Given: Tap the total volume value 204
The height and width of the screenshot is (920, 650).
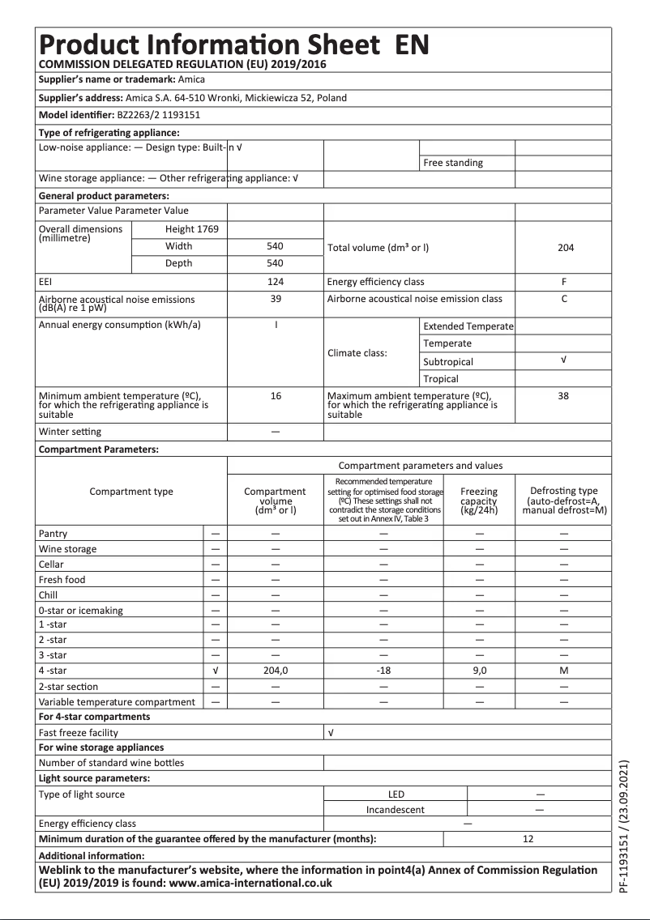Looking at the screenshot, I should point(565,247).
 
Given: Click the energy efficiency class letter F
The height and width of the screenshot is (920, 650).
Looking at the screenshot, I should point(564,282).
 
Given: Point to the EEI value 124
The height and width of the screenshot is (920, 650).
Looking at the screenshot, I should point(275,282).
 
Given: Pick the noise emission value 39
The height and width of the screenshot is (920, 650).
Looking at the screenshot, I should point(275,299).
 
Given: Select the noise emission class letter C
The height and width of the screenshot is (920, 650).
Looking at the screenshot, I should point(564,299).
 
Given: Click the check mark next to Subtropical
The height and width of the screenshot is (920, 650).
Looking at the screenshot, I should point(564,361).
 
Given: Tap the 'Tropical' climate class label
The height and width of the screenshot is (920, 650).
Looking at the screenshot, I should point(441,379).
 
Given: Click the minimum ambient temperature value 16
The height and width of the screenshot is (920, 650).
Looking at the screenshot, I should point(275,397).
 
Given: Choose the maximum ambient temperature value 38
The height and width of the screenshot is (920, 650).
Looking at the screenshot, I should point(564,397).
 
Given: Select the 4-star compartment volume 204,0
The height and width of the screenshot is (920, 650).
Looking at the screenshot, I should point(276,671).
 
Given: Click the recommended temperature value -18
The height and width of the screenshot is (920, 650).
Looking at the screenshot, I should point(384,671).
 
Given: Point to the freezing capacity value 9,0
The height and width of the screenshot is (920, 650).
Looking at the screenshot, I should point(479,671).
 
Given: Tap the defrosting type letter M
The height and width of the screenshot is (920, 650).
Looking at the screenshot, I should point(564,671).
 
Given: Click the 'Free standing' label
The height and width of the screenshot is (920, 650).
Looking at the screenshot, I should point(453,163).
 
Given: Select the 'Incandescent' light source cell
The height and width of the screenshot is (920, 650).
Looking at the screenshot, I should point(396,809).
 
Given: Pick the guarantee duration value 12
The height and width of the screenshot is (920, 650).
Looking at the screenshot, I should point(528,839).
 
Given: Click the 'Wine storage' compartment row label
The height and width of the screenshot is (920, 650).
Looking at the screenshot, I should point(67,549).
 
